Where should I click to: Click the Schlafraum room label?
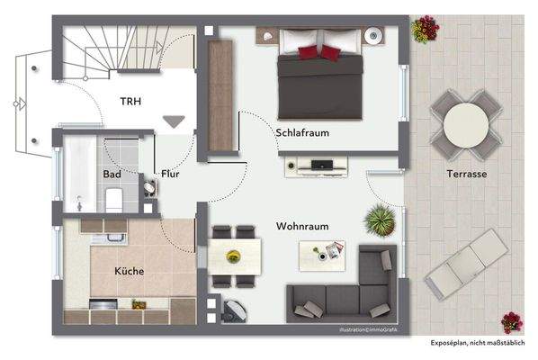pos(302,133)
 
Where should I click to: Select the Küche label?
pos(129,270)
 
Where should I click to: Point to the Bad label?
pos(112,174)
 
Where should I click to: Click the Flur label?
pos(171,174)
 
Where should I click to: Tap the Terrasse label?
pos(466,175)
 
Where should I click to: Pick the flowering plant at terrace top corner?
pos(422,30)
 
